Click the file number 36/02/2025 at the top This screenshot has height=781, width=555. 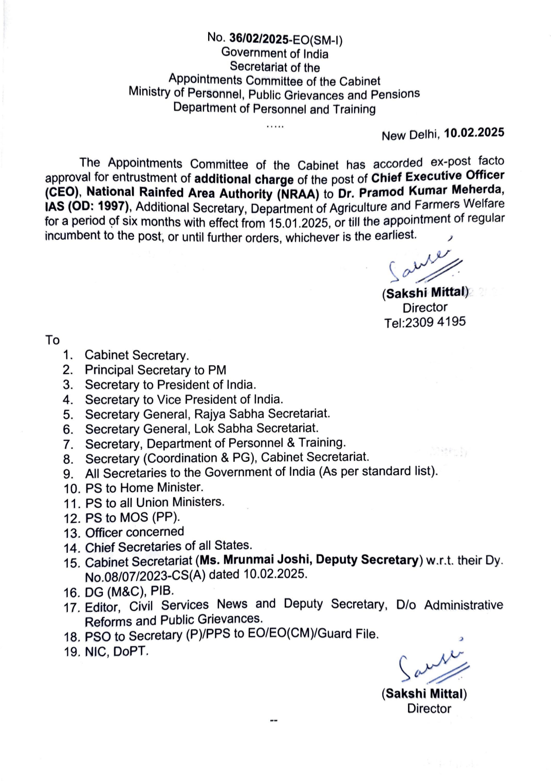pyautogui.click(x=258, y=38)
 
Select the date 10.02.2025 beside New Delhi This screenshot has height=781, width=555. pyautogui.click(x=474, y=133)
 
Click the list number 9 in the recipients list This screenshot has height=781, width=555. pyautogui.click(x=69, y=473)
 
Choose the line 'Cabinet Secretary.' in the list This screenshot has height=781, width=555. pyautogui.click(x=137, y=355)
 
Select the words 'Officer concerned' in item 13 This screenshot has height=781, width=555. pyautogui.click(x=134, y=532)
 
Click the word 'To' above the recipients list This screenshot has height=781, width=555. pyautogui.click(x=52, y=340)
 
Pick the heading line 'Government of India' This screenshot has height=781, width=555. pyautogui.click(x=274, y=53)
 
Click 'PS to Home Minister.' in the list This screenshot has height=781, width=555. pyautogui.click(x=144, y=488)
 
